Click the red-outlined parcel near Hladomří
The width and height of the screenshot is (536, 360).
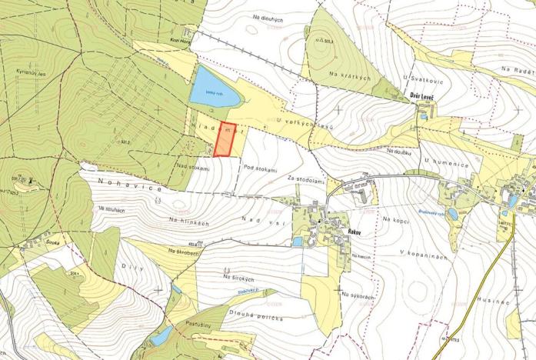pyautogui.click(x=224, y=139)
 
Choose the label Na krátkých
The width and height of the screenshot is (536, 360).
pyautogui.click(x=350, y=77)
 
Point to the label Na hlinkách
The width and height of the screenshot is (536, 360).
pyautogui.click(x=190, y=222)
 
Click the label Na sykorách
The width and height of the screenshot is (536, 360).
pyautogui.click(x=360, y=295)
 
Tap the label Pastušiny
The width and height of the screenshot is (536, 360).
pyautogui.click(x=198, y=325)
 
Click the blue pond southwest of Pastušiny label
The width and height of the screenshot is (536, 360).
pyautogui.click(x=161, y=336)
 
